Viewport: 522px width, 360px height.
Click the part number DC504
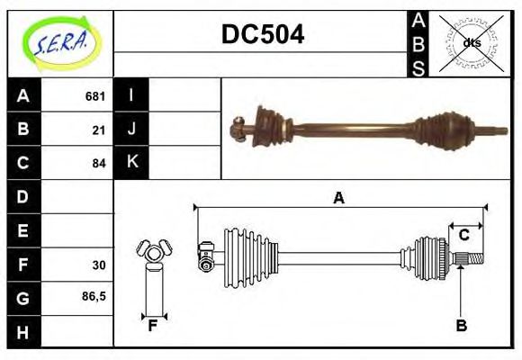coord(262,34)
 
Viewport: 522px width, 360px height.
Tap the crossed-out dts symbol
coord(471,42)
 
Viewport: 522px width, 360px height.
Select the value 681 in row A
coord(94,95)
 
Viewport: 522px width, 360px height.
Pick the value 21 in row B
coord(98,130)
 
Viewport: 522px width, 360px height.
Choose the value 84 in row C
coord(98,164)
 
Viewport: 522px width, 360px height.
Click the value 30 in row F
coord(98,265)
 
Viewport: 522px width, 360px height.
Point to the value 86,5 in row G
coord(94,294)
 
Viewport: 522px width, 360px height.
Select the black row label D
coord(23,196)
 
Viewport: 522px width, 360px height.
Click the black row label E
coord(23,230)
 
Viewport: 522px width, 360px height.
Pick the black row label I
coord(131,95)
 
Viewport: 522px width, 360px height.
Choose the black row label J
coord(131,129)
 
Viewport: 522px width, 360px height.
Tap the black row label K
coord(131,163)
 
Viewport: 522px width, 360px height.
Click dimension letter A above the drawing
coord(338,199)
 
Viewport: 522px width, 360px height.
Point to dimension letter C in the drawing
coord(463,235)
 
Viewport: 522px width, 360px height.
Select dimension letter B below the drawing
coord(461,326)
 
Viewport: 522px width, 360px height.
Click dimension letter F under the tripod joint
coord(153,326)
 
